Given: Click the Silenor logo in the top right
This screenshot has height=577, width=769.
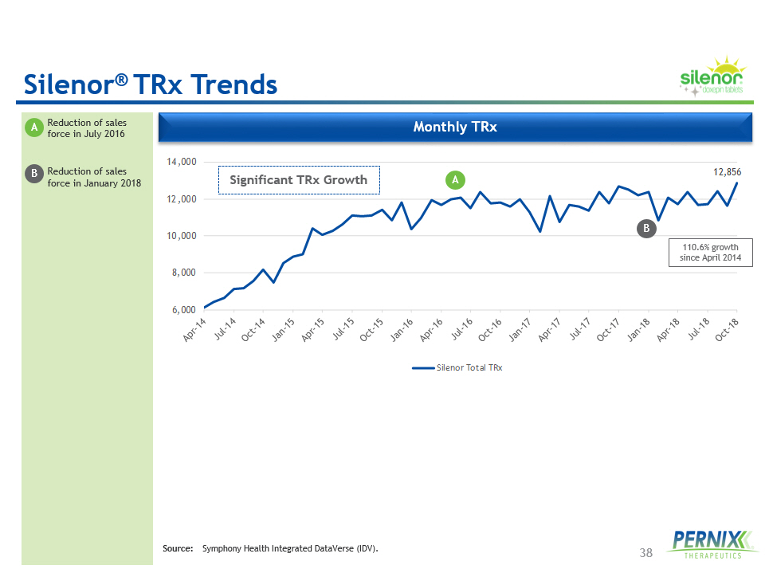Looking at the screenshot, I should [x=712, y=78].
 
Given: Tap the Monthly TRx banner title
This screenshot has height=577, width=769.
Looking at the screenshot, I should [x=455, y=127].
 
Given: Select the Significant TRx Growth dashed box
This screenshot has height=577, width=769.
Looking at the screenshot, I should [x=299, y=180].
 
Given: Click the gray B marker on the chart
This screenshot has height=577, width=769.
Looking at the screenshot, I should [x=647, y=229].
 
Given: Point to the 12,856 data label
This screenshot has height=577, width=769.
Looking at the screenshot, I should [x=726, y=171].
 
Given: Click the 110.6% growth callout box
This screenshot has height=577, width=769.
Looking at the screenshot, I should [x=709, y=253].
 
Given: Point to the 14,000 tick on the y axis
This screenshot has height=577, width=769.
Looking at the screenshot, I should [x=182, y=162].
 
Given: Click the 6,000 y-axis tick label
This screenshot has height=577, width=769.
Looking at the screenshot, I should [x=184, y=309].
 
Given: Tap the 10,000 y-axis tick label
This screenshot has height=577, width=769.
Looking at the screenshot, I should [x=182, y=236].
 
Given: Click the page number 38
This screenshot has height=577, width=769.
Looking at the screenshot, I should [x=646, y=552].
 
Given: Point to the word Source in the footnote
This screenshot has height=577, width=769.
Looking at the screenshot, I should [x=178, y=549].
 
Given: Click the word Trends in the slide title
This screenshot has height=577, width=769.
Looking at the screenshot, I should [x=232, y=84].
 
